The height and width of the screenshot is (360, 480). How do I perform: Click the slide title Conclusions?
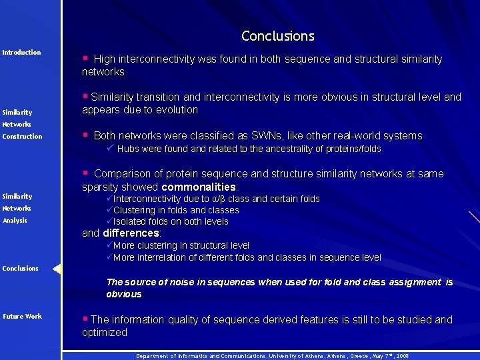click(277, 36)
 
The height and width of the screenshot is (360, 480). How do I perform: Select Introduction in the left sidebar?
click(21, 52)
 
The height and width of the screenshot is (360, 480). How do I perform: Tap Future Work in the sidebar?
click(22, 316)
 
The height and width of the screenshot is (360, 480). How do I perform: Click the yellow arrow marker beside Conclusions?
click(57, 269)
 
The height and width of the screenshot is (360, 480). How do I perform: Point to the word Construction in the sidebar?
click(22, 136)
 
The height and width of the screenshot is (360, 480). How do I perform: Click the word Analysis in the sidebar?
click(15, 220)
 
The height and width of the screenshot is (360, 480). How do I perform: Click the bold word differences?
click(131, 233)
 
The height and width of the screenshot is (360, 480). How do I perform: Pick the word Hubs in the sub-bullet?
click(128, 149)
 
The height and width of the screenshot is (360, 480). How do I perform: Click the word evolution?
click(176, 109)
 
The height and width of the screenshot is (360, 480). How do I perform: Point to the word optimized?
click(105, 332)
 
